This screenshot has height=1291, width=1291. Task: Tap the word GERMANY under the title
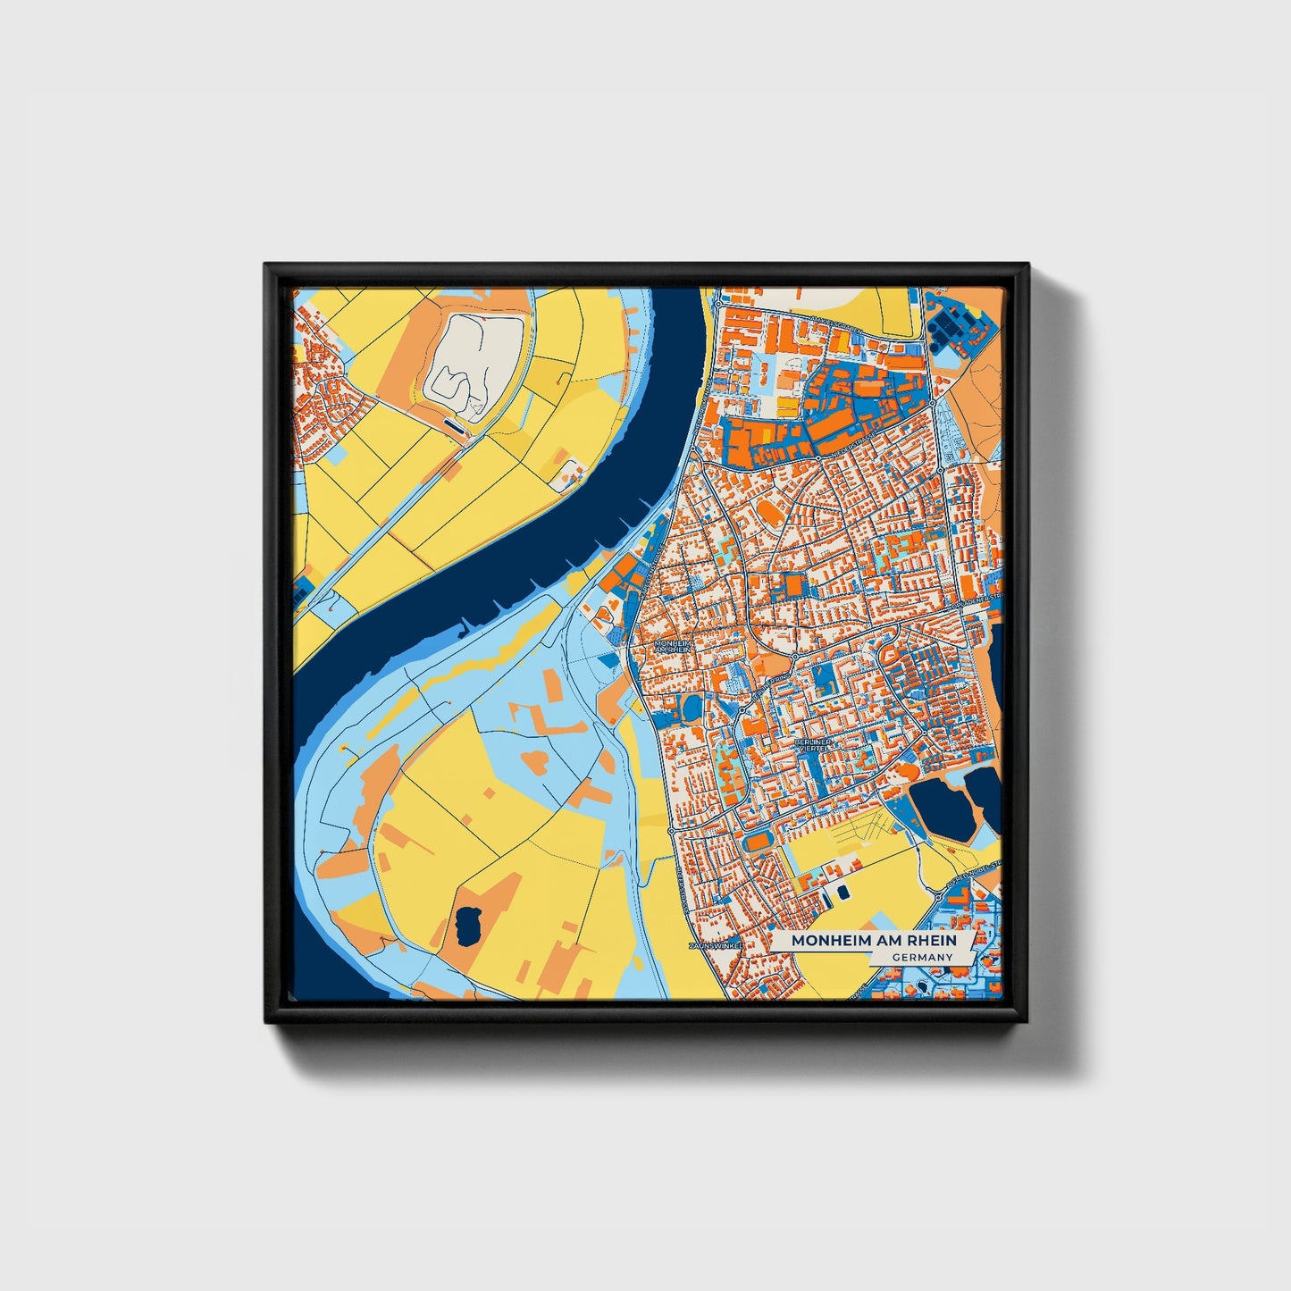(921, 957)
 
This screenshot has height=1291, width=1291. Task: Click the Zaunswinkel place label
(716, 945)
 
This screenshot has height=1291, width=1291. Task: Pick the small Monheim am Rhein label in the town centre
(672, 645)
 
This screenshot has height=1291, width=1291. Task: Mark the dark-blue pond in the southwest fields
(466, 926)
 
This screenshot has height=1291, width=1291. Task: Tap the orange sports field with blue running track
(759, 841)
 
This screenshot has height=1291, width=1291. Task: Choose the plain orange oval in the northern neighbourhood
(768, 513)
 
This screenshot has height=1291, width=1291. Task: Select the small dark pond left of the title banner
(841, 891)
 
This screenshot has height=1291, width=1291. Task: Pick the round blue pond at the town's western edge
(692, 708)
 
